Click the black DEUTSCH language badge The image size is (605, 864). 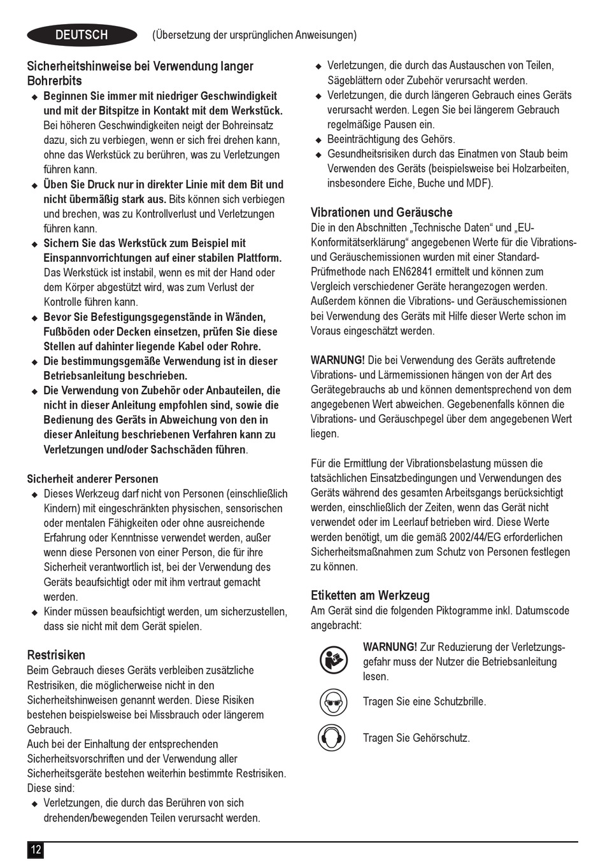tap(82, 35)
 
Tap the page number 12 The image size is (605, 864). tap(35, 849)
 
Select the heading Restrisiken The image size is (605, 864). tap(56, 655)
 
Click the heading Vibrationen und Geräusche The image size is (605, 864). tap(381, 213)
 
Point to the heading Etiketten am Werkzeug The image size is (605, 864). tap(370, 595)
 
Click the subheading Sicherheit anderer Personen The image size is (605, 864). tap(92, 479)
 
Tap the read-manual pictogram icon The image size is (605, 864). tap(332, 661)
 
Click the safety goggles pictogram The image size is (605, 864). tap(332, 702)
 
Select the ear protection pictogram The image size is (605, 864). tap(332, 738)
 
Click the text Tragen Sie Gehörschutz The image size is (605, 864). tap(416, 738)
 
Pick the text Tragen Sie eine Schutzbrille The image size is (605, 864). tap(424, 702)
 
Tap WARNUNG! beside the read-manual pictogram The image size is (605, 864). tap(390, 647)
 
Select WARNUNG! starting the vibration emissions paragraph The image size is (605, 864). tap(338, 360)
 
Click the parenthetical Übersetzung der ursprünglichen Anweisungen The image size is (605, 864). tap(254, 35)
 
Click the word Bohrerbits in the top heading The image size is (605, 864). tap(54, 81)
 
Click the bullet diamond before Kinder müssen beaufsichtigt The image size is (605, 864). tap(35, 613)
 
